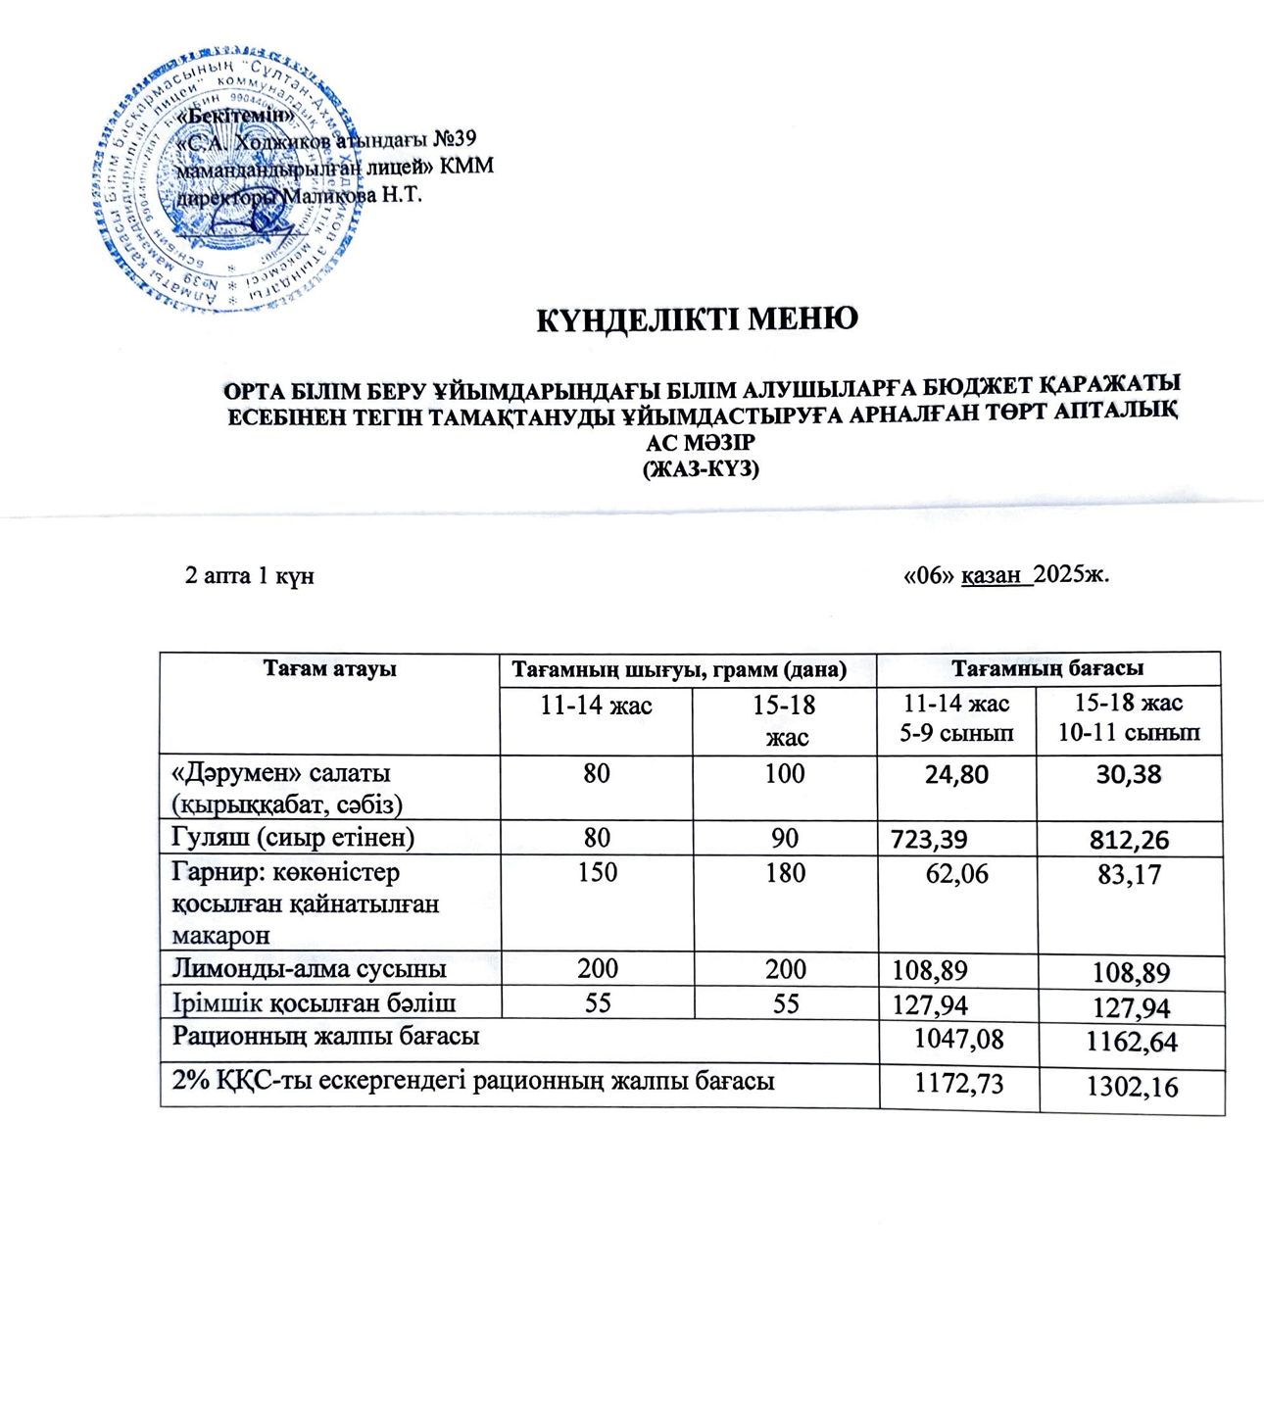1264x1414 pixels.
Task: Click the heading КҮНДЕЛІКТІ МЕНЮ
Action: [x=697, y=318]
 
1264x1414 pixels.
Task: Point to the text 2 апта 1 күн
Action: [x=249, y=575]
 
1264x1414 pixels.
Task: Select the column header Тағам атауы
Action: [x=329, y=669]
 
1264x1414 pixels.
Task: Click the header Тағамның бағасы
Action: [x=1048, y=669]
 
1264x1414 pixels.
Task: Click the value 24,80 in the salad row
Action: [x=956, y=775]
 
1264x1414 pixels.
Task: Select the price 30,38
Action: [x=1129, y=775]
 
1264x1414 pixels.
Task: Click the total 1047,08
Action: [x=957, y=1039]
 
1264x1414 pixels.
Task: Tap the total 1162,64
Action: [x=1131, y=1042]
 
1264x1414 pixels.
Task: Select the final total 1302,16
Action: [x=1131, y=1086]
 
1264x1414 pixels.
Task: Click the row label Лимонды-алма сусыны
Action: [x=310, y=969]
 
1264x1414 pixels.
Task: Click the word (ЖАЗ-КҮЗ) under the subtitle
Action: [x=701, y=468]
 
